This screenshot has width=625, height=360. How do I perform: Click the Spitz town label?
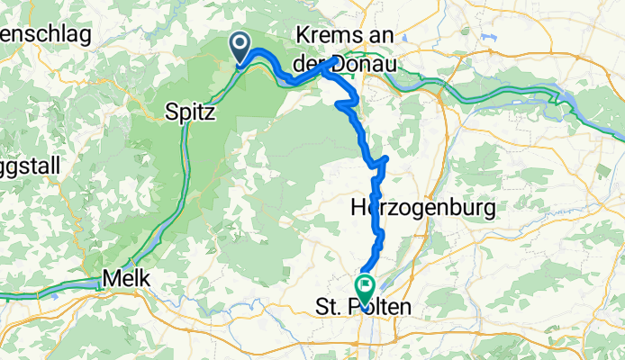191,114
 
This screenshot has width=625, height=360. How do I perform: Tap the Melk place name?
126,279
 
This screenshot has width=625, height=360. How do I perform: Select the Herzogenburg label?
422,209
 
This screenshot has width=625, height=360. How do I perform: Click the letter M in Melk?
111,279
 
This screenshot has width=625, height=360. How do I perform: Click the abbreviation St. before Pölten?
332,309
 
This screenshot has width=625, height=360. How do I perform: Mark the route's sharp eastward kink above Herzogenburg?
385,160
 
